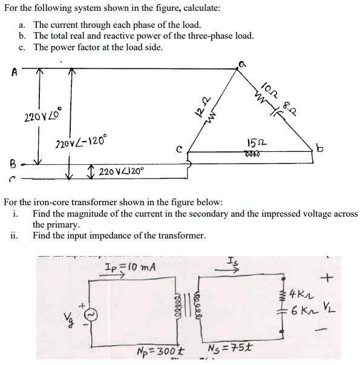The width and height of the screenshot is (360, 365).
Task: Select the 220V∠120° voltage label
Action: pyautogui.click(x=119, y=171)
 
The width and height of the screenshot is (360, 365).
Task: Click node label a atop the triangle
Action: pyautogui.click(x=241, y=63)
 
